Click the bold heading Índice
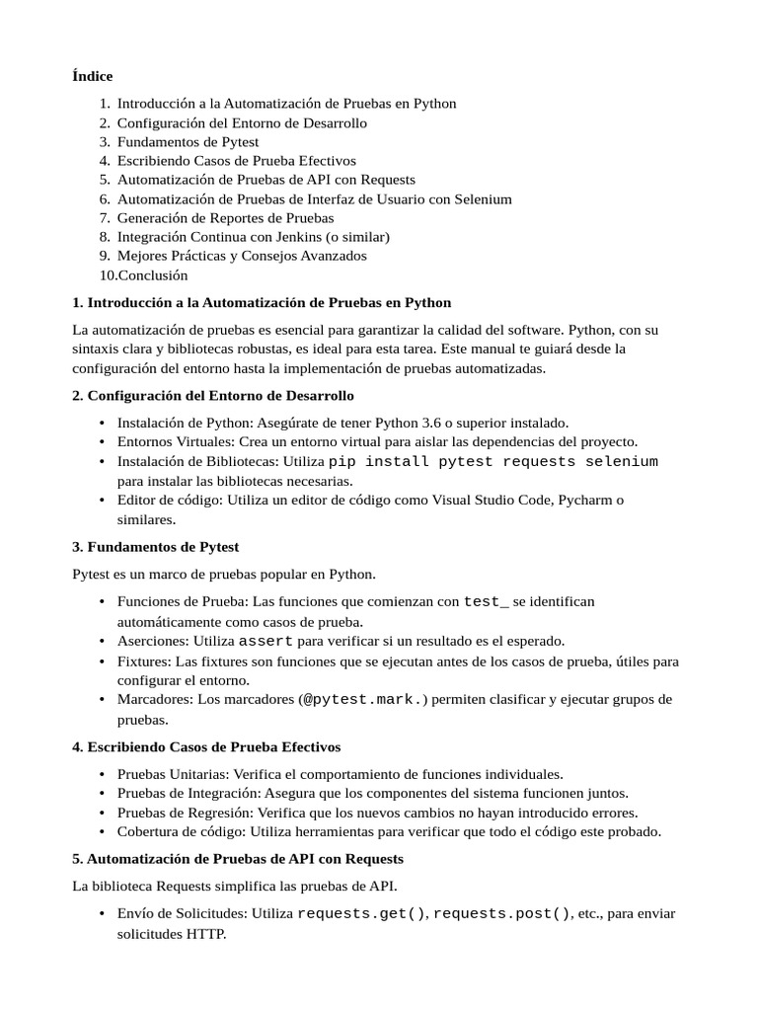pos(93,76)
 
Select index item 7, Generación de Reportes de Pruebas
pos(225,217)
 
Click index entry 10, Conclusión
pos(152,275)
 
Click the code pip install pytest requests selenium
pos(493,462)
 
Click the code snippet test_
pos(486,601)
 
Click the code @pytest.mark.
pos(363,699)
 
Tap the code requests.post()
pos(501,913)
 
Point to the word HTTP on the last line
pos(205,933)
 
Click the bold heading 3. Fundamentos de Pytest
pos(155,546)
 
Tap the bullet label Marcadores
pos(153,699)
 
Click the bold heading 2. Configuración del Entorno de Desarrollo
pos(212,395)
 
